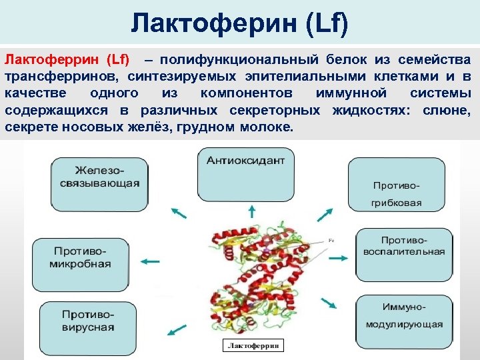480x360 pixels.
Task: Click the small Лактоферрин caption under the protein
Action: [x=253, y=345]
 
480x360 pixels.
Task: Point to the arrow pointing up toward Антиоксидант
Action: [x=251, y=212]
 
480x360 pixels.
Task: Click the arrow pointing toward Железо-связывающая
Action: [x=179, y=212]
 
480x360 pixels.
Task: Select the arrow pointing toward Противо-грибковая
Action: [x=325, y=215]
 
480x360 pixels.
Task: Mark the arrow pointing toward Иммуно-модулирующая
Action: [x=329, y=303]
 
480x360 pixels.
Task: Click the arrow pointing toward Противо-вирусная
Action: [x=177, y=329]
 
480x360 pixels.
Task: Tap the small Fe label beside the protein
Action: [x=331, y=239]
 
